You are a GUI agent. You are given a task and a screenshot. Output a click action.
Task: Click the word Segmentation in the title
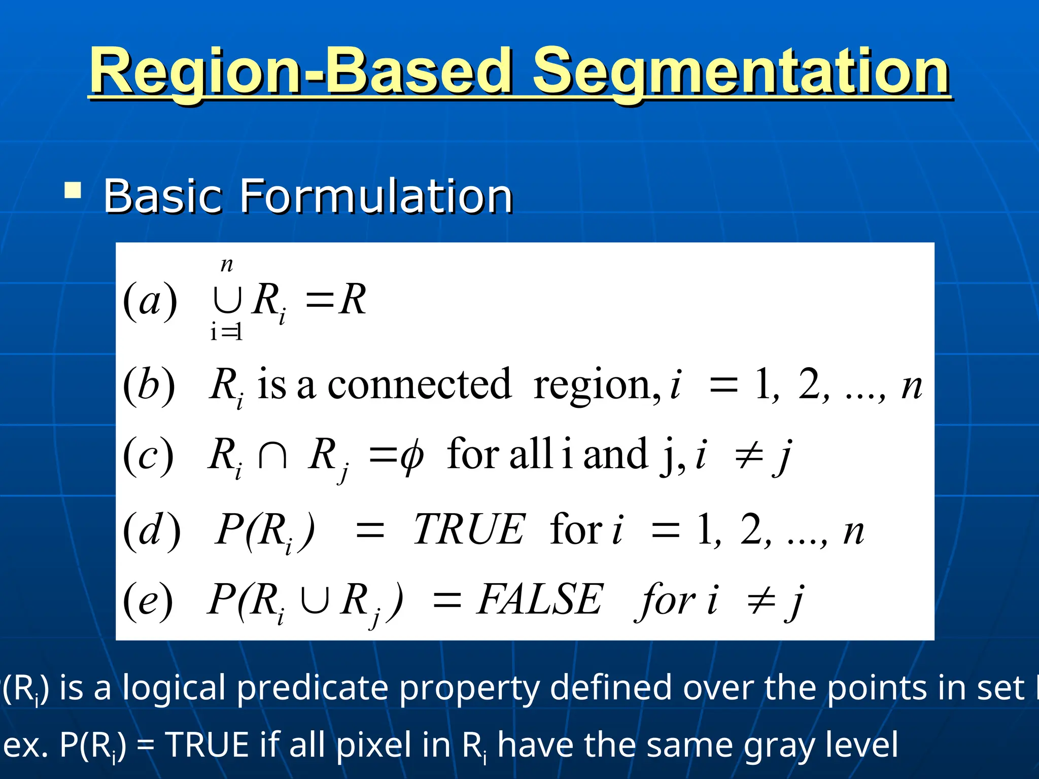tap(741, 71)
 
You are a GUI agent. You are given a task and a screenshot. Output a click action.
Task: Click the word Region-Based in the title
tap(299, 71)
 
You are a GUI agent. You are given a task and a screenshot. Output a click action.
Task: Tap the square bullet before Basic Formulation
tap(73, 191)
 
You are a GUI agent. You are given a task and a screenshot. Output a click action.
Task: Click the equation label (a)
tap(150, 300)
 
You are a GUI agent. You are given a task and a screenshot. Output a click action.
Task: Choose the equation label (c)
tap(149, 455)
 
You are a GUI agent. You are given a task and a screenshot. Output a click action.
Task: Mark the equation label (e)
tap(148, 601)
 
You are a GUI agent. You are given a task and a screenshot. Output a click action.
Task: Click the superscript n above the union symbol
tap(227, 264)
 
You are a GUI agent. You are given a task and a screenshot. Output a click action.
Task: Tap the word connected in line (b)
tap(419, 384)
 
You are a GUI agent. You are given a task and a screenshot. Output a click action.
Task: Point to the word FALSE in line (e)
tap(540, 600)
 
